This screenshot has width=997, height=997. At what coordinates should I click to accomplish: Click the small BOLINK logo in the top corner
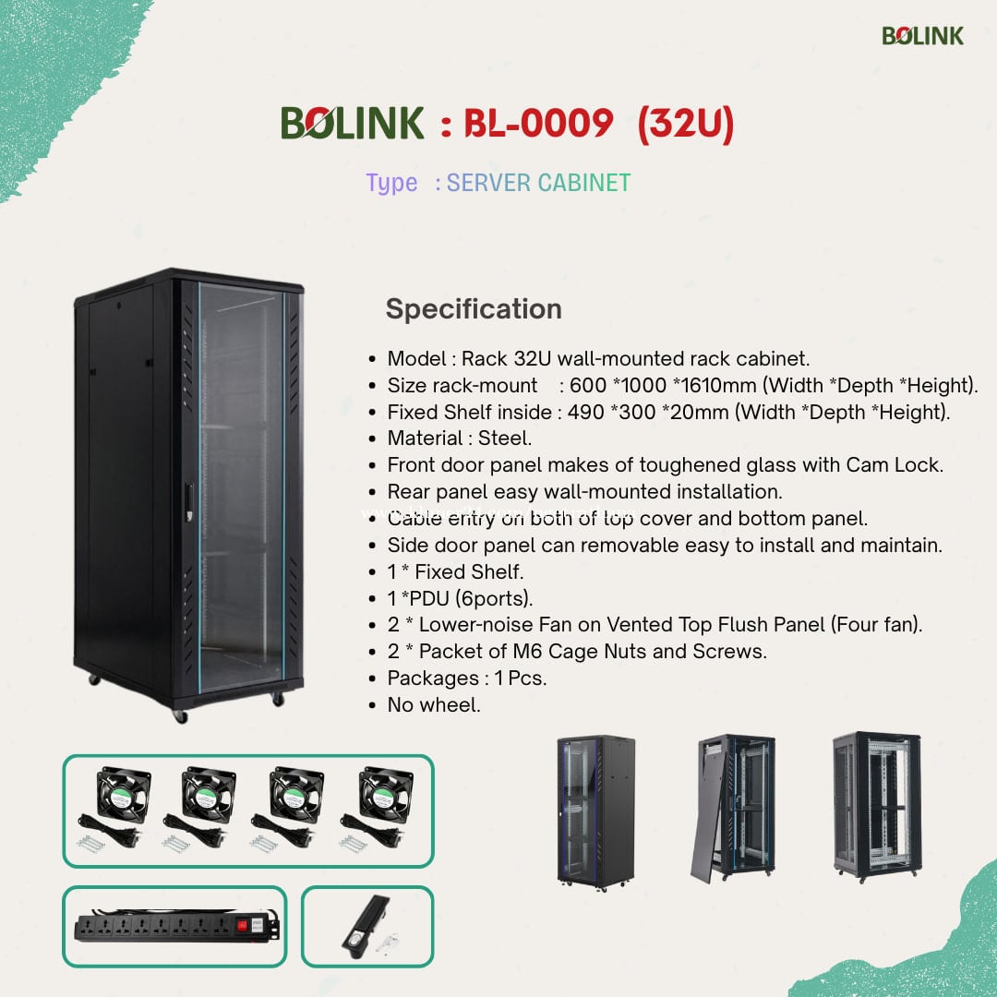tap(922, 36)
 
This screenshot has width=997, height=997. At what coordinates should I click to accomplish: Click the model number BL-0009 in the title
tap(538, 123)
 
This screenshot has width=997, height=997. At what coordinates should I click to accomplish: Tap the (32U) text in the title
tap(685, 124)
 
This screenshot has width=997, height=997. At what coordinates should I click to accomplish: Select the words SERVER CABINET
tap(538, 183)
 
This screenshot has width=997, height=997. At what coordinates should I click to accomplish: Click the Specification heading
tap(474, 309)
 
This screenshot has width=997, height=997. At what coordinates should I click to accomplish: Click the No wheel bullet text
tap(434, 704)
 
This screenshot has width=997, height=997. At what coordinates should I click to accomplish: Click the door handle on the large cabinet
tap(189, 503)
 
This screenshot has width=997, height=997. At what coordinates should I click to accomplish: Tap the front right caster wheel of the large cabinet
tap(278, 699)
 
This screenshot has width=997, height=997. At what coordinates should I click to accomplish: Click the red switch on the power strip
tap(242, 926)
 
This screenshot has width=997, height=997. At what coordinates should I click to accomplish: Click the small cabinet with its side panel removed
tap(732, 809)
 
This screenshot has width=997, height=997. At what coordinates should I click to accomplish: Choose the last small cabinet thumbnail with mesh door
tap(877, 807)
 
